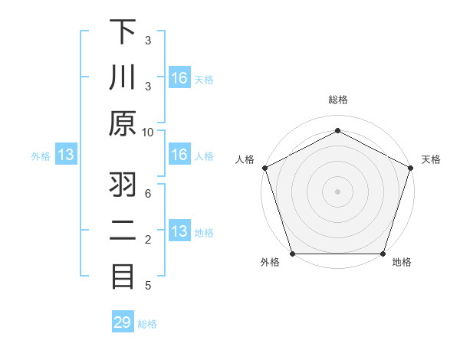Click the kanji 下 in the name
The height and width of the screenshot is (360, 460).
123,31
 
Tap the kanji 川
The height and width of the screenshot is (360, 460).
123,77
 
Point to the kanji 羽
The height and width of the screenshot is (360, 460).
123,185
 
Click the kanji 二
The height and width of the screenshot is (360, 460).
123,231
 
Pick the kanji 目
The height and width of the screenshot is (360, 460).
123,277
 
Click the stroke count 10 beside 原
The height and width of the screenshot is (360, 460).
148,132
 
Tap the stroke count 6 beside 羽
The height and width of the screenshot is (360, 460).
148,193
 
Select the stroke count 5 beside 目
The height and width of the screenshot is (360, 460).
148,286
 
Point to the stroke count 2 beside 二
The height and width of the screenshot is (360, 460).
148,240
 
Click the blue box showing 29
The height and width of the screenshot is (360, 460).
122,322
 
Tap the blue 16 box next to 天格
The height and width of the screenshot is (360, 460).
179,77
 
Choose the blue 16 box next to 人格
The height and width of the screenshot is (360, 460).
179,155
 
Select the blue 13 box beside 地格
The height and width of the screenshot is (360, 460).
179,231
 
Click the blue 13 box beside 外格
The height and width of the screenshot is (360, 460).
65,155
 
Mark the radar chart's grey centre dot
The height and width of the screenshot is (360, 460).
337,191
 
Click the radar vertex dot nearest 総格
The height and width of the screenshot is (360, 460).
337,130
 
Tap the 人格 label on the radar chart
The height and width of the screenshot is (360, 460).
245,159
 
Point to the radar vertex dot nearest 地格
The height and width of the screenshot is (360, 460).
383,254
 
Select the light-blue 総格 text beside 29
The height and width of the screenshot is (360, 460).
147,324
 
